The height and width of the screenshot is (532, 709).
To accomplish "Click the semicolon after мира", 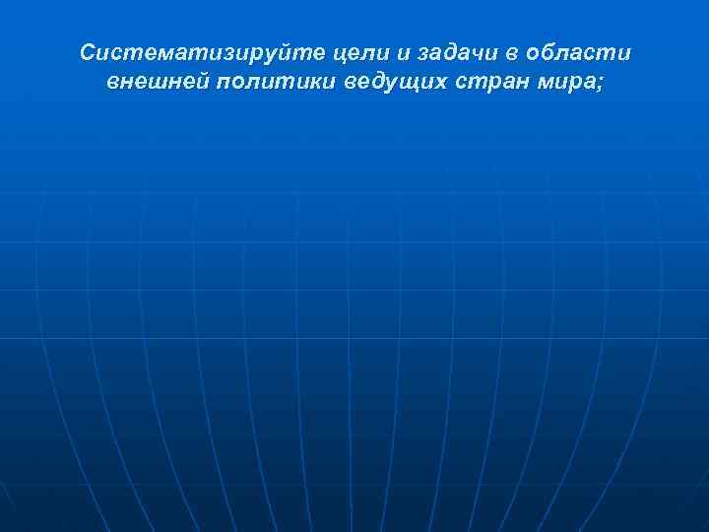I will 599,82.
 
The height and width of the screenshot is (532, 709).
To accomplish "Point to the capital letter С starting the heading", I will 89,51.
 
